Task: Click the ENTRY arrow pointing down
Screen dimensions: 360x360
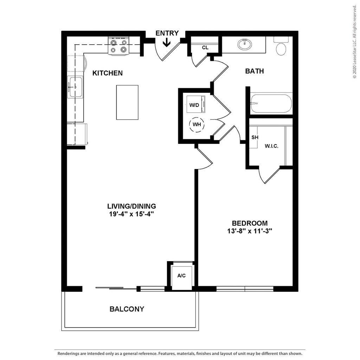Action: [167, 42]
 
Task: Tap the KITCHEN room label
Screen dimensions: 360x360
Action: [108, 73]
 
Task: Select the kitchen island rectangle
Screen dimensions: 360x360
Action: [127, 102]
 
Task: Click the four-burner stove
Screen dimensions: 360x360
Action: [118, 46]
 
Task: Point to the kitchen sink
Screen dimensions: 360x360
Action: [75, 87]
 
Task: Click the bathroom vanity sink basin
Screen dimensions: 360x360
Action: [245, 44]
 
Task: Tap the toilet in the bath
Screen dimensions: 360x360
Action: [281, 46]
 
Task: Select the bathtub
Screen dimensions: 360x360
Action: [271, 103]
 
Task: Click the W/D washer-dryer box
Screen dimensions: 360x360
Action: [195, 104]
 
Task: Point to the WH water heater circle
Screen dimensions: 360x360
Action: [197, 125]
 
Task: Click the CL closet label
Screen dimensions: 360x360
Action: [205, 47]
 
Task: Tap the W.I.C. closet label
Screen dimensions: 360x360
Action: [271, 146]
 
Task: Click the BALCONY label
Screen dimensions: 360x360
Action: [127, 309]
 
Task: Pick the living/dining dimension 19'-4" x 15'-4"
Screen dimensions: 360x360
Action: [131, 214]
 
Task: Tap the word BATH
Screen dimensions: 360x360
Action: [255, 71]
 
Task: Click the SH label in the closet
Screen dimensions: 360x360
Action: [255, 137]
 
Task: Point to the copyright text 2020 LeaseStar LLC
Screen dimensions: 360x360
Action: [354, 42]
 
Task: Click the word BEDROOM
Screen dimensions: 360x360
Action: [250, 223]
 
